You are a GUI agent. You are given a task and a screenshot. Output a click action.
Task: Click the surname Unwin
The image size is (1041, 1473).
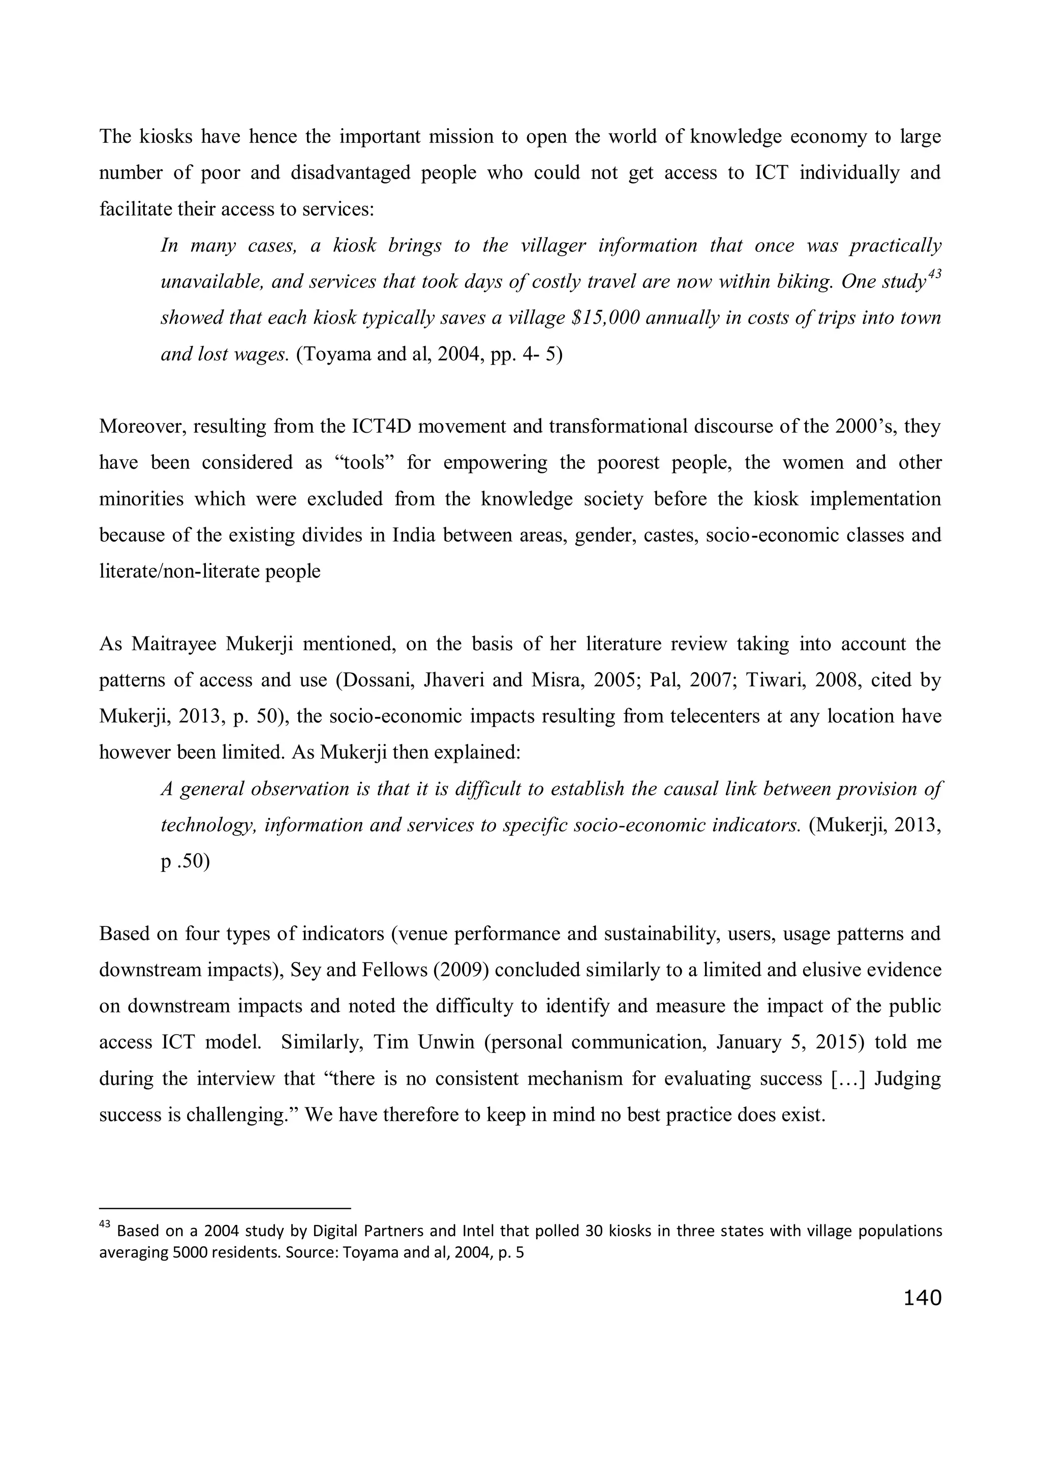pos(446,1042)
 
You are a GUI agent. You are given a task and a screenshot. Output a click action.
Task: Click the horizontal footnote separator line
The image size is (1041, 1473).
pos(225,1209)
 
